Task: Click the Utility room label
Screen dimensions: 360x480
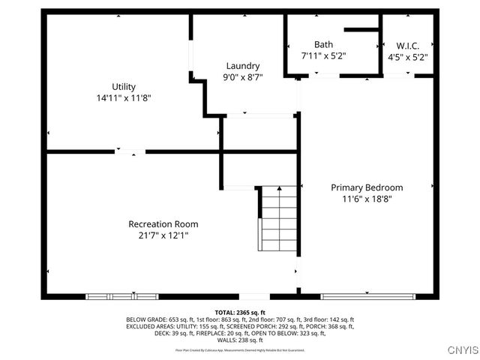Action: (x=124, y=86)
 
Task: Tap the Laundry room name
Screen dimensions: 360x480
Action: (x=241, y=66)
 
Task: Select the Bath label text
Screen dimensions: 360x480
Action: (x=323, y=44)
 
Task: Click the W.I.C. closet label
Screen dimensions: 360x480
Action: (x=407, y=45)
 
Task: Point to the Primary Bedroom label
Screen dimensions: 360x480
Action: (x=367, y=187)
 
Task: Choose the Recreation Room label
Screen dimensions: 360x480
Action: (x=163, y=224)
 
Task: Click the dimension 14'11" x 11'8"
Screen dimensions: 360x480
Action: (x=124, y=97)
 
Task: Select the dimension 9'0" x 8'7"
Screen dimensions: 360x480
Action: (x=241, y=77)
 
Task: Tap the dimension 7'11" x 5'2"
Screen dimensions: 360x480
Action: (x=323, y=55)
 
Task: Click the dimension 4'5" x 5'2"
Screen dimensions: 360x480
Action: (x=407, y=56)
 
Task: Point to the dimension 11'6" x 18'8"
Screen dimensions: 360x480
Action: (x=367, y=199)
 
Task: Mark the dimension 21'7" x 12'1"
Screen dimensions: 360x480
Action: (x=163, y=235)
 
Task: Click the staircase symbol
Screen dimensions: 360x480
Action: (x=278, y=218)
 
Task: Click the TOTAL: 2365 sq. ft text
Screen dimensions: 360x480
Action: (x=240, y=312)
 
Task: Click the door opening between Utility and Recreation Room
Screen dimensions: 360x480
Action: (x=130, y=152)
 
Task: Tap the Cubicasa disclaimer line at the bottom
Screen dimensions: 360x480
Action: (x=240, y=349)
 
